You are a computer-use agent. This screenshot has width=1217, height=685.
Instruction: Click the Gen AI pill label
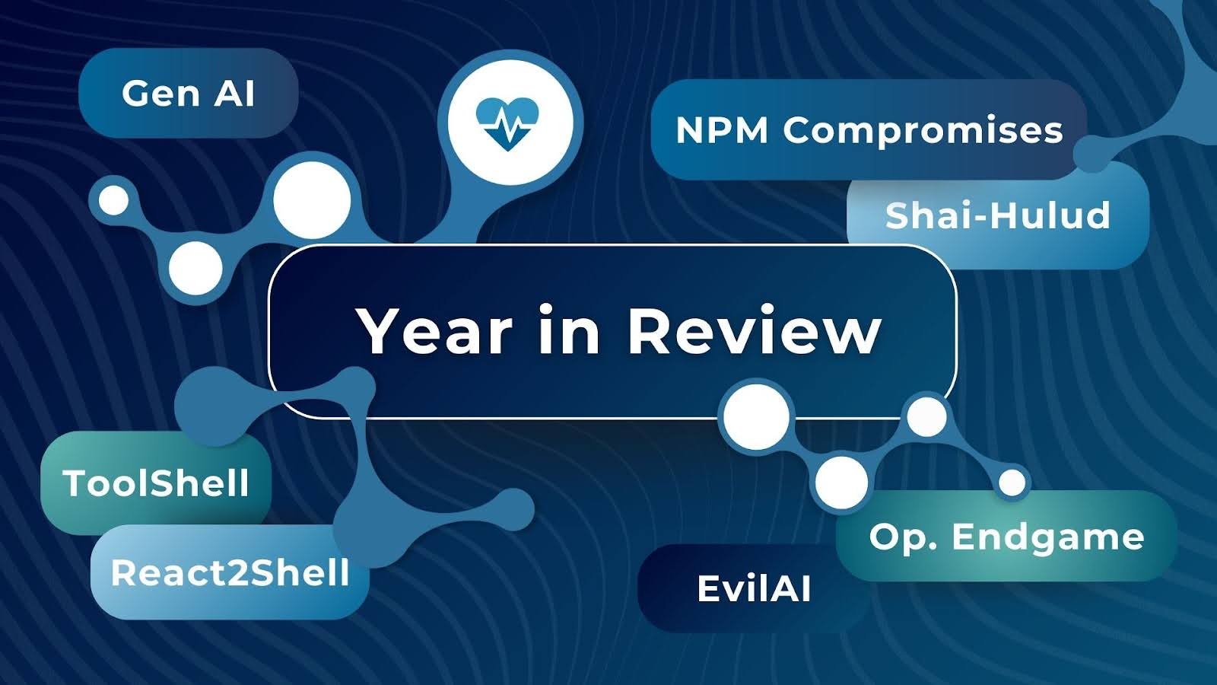pos(188,94)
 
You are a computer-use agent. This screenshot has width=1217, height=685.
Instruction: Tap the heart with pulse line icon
pos(507,122)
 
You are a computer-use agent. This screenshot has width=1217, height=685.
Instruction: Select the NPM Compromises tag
pos(869,130)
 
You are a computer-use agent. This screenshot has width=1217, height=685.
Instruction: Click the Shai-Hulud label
pos(997,216)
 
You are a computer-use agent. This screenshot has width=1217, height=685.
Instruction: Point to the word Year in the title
pos(435,331)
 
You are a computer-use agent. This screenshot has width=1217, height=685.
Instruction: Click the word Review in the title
pos(754,331)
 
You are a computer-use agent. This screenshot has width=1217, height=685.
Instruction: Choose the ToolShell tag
pos(156,483)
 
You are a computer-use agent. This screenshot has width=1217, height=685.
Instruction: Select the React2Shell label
pos(230,572)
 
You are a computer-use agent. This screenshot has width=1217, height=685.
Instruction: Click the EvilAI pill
pos(754,588)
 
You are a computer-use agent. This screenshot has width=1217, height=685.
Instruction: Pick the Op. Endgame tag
pos(1006,537)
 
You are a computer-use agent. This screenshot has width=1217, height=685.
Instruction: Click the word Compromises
pos(923,130)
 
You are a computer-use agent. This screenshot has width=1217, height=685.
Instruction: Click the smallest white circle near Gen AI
pos(114,201)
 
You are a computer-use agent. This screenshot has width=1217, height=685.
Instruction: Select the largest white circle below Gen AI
pos(312,200)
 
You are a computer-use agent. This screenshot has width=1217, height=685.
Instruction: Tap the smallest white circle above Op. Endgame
pos(1012,482)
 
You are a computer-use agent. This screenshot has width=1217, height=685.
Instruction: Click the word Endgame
pos(1048,537)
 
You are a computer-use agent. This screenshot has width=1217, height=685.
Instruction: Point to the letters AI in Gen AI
pos(234,94)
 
